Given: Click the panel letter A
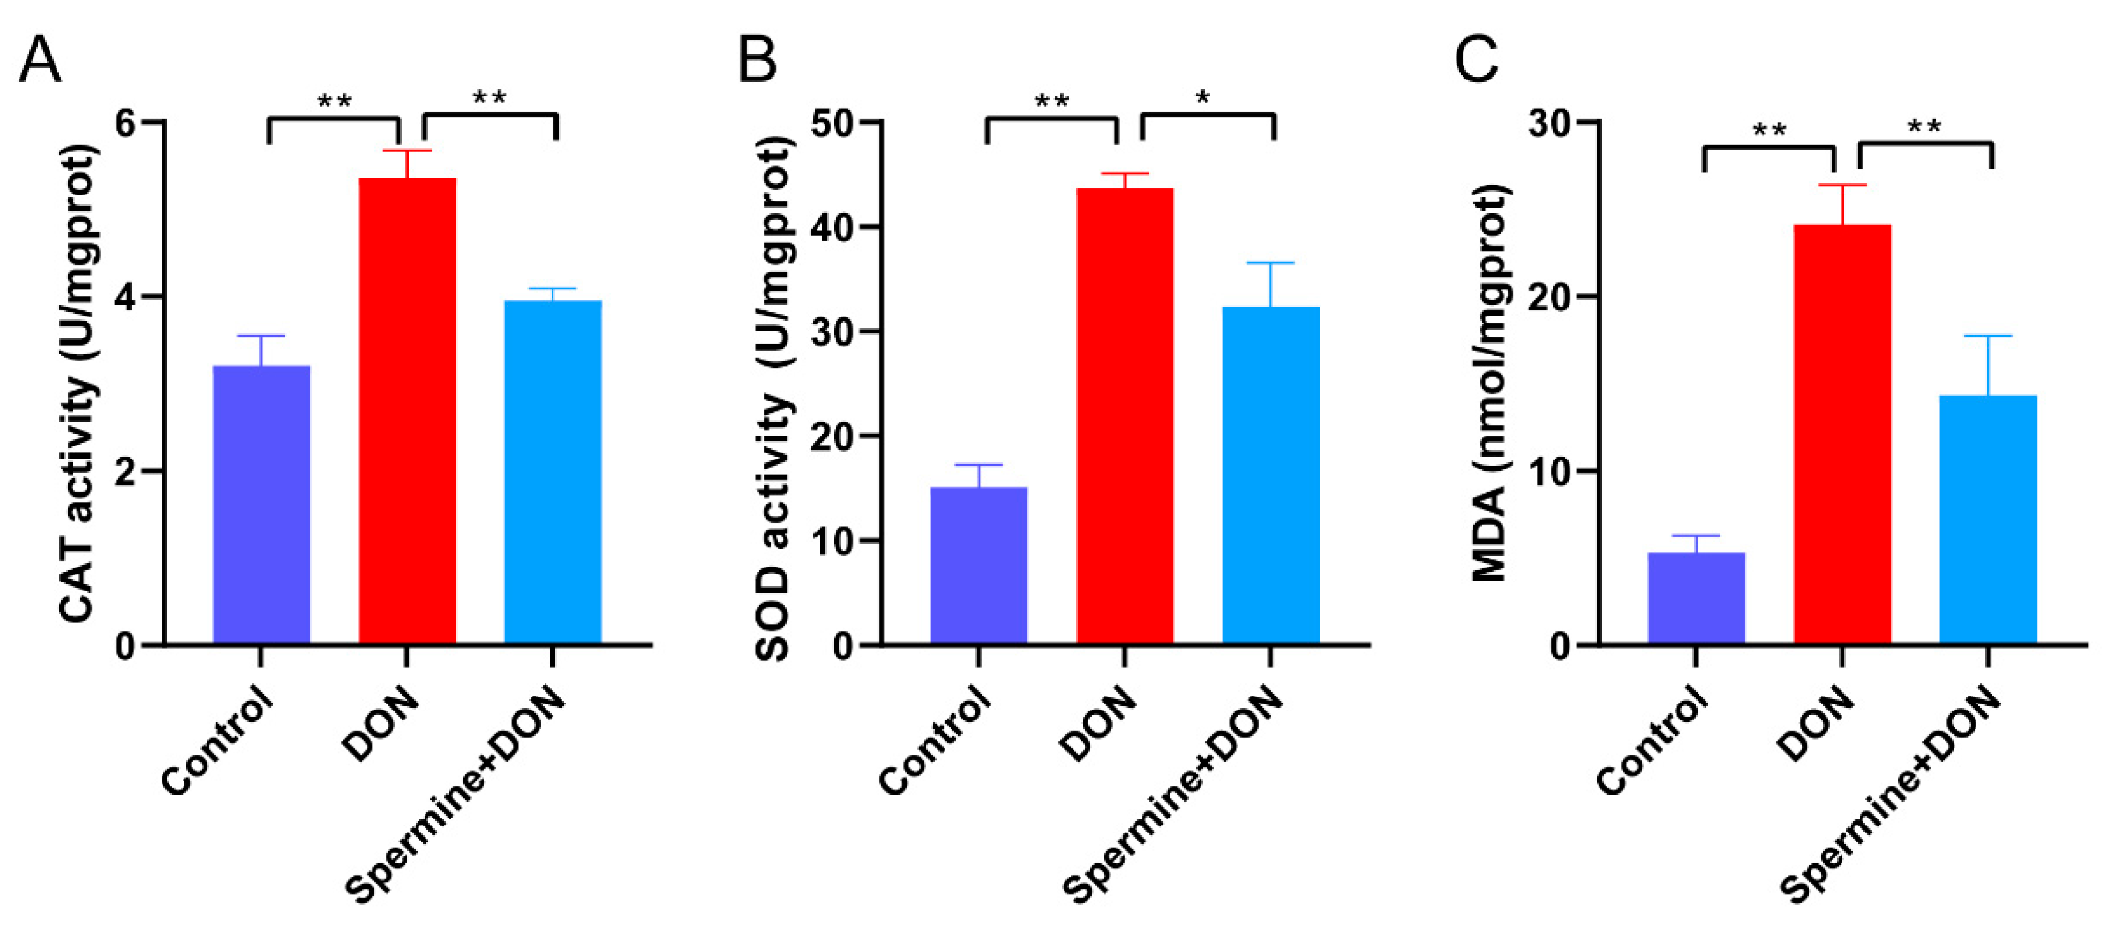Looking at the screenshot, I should [x=40, y=61].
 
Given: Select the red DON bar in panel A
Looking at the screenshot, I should [x=407, y=409].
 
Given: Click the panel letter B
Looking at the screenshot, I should [x=757, y=61].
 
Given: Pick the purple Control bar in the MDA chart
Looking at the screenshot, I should [x=1696, y=597].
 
